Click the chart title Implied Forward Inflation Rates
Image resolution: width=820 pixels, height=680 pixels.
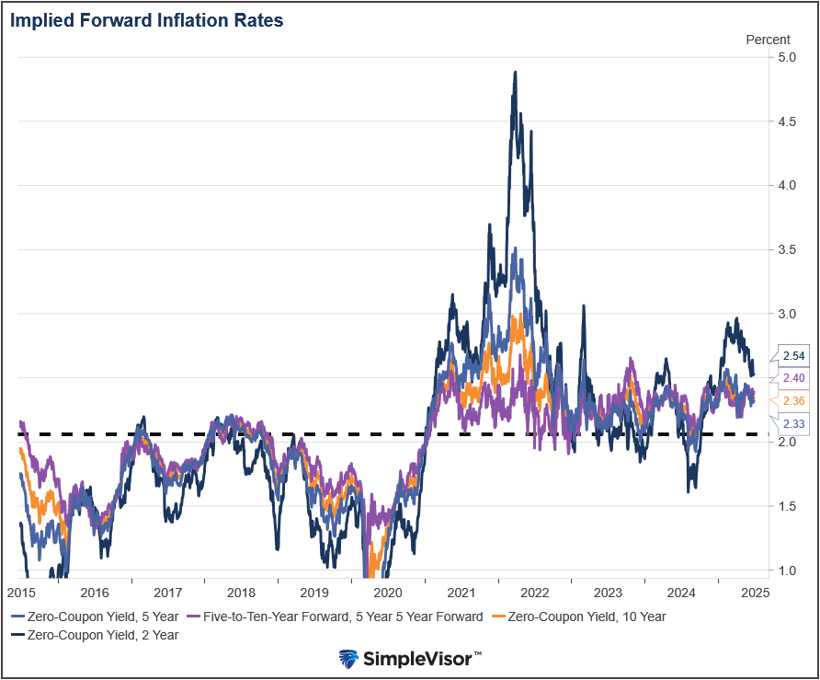point(146,19)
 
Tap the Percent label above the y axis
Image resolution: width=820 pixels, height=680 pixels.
point(767,40)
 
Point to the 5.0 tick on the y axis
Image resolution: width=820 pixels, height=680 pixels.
point(786,57)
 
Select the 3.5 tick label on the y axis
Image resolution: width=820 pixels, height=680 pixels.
point(786,249)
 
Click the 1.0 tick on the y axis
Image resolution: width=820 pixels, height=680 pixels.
point(786,571)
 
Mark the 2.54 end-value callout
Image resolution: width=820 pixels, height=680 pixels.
point(793,355)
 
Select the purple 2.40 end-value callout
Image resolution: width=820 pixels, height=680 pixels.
point(793,377)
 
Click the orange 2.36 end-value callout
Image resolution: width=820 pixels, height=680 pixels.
point(793,400)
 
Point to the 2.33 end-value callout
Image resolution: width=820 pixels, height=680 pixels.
point(793,423)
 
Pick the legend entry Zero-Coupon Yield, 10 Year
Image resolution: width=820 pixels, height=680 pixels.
point(580,617)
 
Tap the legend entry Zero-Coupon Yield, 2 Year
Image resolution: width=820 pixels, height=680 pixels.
point(97,634)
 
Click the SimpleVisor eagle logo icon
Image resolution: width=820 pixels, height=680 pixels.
point(349,659)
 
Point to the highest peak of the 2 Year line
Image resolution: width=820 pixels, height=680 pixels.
point(515,72)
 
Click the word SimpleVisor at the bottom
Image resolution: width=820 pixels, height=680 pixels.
point(421,659)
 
